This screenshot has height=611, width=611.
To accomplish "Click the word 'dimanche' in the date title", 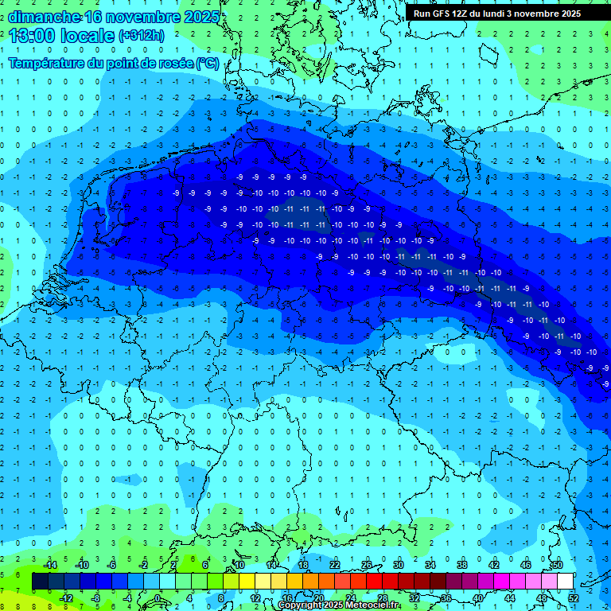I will [44, 17].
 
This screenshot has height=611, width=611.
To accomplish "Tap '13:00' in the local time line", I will [31, 36].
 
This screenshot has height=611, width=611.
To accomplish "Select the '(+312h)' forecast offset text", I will [142, 36].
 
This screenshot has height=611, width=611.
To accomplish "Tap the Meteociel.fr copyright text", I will [338, 605].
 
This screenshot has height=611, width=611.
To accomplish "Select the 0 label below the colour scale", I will [158, 598].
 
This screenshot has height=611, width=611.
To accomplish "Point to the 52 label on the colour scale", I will [574, 598].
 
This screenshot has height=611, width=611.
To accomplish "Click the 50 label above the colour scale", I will [557, 564].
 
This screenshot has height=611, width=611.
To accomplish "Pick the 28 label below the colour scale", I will [382, 598].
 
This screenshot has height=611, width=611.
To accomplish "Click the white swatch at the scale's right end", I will [565, 582].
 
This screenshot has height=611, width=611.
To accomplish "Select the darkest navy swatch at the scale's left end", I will [40, 582].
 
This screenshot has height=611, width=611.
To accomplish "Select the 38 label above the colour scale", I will [461, 564].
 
